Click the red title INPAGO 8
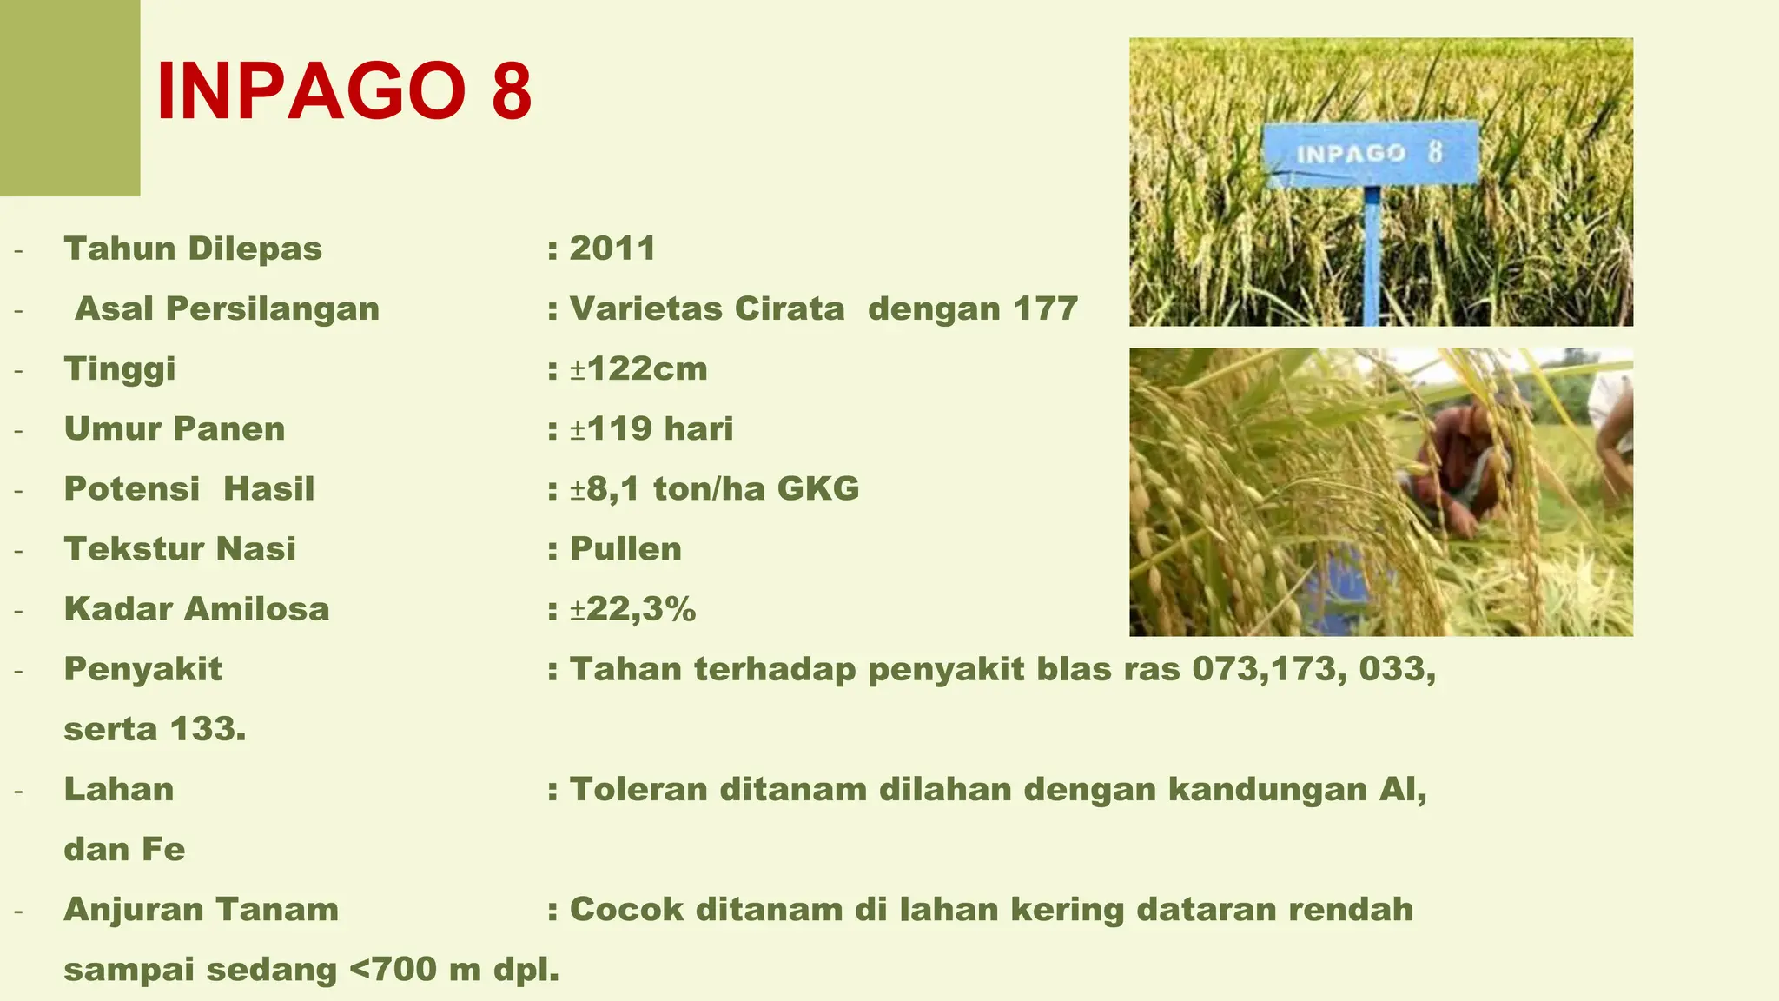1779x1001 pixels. tap(344, 92)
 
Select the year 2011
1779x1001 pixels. tap(612, 249)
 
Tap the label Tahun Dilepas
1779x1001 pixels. tap(193, 249)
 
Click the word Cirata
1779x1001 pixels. tap(790, 308)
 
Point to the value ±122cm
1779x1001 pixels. tap(638, 368)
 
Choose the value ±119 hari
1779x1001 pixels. tap(651, 428)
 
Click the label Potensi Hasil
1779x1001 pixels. tap(189, 488)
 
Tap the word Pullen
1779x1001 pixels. tap(625, 549)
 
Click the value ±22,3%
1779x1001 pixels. tap(632, 609)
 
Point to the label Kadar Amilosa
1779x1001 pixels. tap(196, 609)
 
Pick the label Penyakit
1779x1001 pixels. tap(143, 669)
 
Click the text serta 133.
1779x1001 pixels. tap(155, 729)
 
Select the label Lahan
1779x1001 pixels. tap(119, 789)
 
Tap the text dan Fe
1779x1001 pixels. tap(124, 849)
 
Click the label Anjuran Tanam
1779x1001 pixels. tap(202, 909)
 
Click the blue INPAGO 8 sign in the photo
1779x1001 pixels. tap(1370, 154)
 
